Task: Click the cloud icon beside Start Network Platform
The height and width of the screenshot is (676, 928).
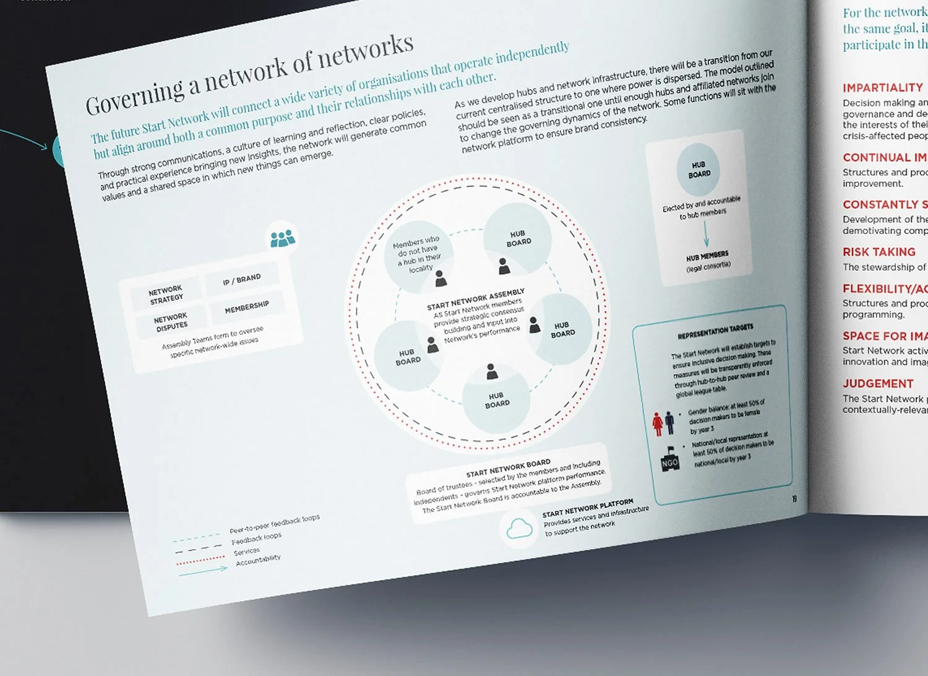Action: coord(519,528)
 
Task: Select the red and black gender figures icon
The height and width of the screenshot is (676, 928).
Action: coord(663,423)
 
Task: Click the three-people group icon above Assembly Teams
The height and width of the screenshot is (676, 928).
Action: coord(283,238)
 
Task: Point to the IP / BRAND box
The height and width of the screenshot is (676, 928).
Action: coord(242,280)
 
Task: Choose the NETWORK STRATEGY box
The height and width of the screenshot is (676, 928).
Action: coord(166,294)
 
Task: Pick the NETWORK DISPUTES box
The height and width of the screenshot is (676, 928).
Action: coord(171,321)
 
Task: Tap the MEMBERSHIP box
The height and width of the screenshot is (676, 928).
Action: coord(246,307)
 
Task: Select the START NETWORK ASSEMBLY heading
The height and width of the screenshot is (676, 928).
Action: coord(476,298)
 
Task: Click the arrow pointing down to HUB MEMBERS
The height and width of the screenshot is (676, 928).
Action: coord(706,234)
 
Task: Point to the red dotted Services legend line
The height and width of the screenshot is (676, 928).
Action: coord(200,560)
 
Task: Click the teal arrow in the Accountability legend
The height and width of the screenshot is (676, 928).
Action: coord(203,571)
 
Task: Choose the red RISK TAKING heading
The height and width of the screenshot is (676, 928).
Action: coord(879,252)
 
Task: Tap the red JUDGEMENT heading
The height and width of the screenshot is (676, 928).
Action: coord(877,384)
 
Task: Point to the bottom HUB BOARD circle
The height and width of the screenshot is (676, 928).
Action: coord(497,399)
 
